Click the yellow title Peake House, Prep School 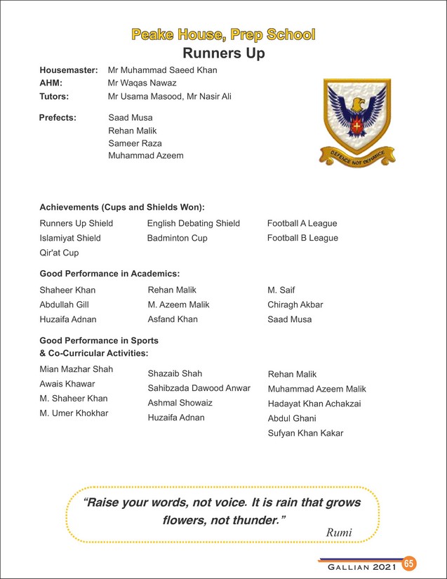(223, 34)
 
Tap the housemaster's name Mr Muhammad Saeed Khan (162, 70)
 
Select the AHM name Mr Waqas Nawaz (142, 83)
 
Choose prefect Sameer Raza (135, 143)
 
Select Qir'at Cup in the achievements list (59, 253)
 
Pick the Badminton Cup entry (177, 238)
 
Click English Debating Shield (193, 223)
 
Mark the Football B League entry (302, 238)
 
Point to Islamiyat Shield (70, 238)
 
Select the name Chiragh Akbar (295, 305)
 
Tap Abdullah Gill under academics (64, 305)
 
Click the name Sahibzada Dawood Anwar (199, 388)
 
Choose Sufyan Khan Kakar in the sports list (305, 433)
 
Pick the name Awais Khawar (67, 384)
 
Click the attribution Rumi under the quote (339, 533)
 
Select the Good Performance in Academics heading (109, 273)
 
